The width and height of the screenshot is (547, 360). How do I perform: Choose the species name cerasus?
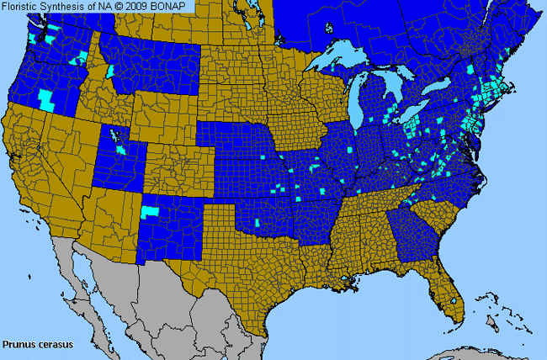[x=56, y=344]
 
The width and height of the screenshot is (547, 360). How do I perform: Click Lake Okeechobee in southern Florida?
[x=454, y=299]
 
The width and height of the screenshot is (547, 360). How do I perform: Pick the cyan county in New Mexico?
[x=151, y=213]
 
